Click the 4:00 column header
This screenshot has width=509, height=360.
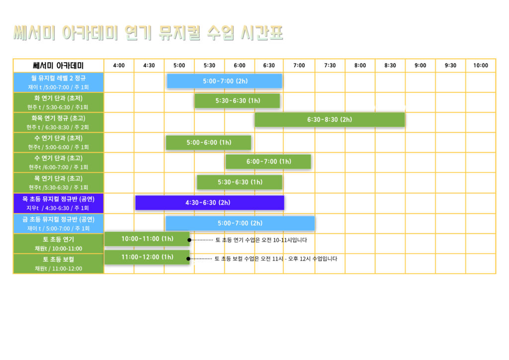(119, 65)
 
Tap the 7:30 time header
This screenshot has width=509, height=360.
(330, 65)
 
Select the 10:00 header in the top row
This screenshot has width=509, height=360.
(481, 65)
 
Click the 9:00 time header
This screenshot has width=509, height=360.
(420, 65)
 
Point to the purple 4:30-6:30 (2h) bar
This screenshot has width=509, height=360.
(210, 202)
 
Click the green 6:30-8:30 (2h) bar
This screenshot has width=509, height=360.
(330, 119)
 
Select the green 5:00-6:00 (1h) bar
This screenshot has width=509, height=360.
(208, 143)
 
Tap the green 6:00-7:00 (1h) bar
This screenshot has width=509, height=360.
(268, 162)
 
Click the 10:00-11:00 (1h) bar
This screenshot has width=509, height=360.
(147, 239)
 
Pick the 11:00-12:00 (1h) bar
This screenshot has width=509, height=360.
(147, 257)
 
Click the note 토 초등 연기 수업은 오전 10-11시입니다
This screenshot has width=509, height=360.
(261, 240)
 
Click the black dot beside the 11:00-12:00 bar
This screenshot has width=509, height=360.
(188, 259)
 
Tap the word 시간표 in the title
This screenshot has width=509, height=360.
(261, 33)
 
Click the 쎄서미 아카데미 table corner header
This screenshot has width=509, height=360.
(59, 66)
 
